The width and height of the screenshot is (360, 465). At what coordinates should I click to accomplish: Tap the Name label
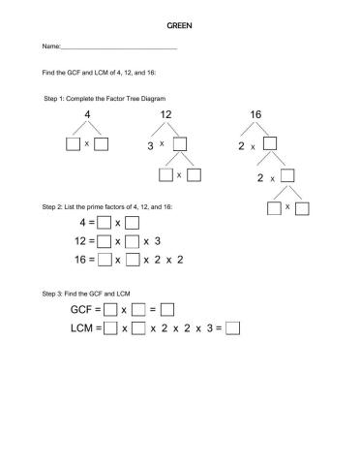pos(50,46)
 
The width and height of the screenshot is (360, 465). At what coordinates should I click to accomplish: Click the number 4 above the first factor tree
pos(88,115)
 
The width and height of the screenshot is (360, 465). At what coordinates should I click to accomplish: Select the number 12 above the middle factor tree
pos(166,115)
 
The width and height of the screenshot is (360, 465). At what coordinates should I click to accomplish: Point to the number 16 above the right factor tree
pos(255,115)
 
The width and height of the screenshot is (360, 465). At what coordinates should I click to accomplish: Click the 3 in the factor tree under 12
pos(151,146)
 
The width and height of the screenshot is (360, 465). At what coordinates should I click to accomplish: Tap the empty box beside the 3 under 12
pos(180,145)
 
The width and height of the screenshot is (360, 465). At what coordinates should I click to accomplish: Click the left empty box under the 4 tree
pos(73,145)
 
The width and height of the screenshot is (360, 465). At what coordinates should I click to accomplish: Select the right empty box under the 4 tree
pos(102,145)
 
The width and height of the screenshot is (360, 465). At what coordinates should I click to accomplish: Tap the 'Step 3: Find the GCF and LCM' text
pos(92,293)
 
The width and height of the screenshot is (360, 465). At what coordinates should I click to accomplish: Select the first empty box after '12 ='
pos(104,242)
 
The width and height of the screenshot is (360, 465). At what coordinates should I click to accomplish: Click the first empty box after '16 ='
pos(104,260)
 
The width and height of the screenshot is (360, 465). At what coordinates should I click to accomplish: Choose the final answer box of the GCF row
pos(166,310)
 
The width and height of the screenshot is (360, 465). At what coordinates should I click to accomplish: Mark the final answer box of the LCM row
pos(232,327)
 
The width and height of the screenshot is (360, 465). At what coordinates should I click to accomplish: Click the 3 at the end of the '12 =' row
pos(158,242)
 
